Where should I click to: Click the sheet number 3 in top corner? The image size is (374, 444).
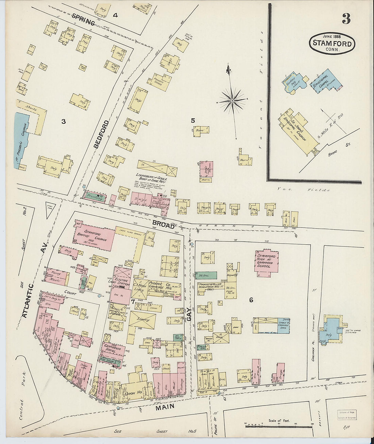[x=346, y=19]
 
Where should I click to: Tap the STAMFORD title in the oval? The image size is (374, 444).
[x=332, y=44]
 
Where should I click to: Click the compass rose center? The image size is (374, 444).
[x=232, y=100]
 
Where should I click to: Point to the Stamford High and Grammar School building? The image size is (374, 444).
[x=267, y=261]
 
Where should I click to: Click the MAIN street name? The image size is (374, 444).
[x=166, y=406]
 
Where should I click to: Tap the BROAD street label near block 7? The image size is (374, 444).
[x=164, y=225]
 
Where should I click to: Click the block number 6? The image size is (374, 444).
[x=251, y=300]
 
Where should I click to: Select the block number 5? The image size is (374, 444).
[x=193, y=120]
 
